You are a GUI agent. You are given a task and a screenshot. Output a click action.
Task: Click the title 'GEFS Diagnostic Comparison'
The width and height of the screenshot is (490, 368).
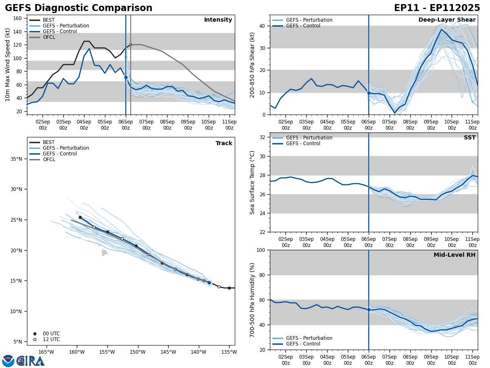(x=78, y=8)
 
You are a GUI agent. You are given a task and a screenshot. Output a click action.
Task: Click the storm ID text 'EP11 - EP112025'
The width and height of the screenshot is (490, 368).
(x=437, y=8)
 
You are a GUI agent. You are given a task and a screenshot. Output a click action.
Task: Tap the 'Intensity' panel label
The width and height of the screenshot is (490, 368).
(x=218, y=20)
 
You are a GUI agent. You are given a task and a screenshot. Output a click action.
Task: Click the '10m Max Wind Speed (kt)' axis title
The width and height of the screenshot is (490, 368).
(x=8, y=65)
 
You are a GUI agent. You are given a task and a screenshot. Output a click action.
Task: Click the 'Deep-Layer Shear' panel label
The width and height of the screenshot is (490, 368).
(x=447, y=20)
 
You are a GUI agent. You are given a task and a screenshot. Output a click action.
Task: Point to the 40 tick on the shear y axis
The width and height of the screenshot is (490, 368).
(x=262, y=26)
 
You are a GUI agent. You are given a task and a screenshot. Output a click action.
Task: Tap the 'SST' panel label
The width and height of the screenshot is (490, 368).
(x=470, y=138)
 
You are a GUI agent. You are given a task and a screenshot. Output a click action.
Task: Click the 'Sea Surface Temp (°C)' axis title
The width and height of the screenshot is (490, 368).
(x=252, y=182)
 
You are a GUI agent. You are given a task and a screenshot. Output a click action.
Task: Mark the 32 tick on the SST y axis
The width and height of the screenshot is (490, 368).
(x=262, y=137)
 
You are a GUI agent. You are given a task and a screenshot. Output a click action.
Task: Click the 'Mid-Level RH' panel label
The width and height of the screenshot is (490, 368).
(x=454, y=255)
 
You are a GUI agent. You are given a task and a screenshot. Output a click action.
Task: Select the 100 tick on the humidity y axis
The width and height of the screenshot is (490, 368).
(x=261, y=250)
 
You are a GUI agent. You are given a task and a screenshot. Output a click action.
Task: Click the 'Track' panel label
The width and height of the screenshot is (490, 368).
(x=224, y=143)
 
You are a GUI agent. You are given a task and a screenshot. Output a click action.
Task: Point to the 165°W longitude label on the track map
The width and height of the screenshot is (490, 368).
(x=46, y=352)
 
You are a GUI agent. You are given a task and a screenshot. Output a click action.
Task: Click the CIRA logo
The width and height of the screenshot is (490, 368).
(x=23, y=361)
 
